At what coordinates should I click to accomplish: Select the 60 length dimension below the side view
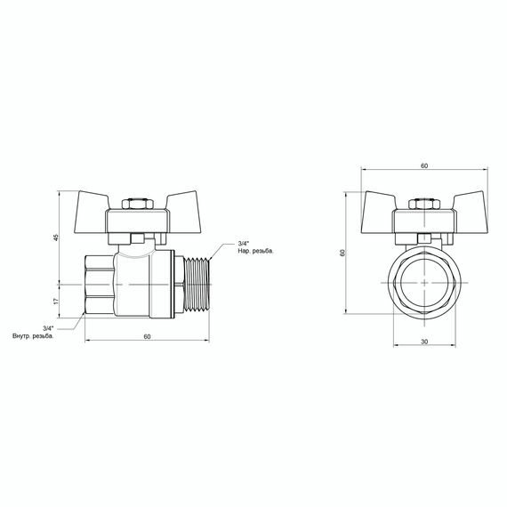point(147,335)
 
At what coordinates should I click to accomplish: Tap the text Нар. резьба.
point(256,252)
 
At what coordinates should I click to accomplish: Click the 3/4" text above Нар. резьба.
point(245,244)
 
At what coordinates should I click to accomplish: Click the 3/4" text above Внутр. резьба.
point(48,328)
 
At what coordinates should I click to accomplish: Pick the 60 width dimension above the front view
point(423,166)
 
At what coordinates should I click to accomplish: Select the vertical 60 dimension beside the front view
point(343,253)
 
